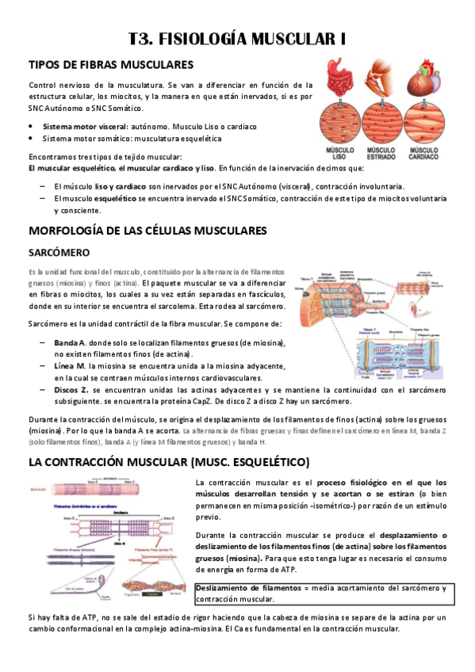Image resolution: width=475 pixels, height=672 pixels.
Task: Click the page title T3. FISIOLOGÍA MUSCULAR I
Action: pyautogui.click(x=237, y=39)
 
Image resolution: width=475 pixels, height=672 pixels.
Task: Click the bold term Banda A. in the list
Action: pyautogui.click(x=71, y=342)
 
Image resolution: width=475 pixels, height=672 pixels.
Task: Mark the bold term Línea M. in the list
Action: pyautogui.click(x=71, y=366)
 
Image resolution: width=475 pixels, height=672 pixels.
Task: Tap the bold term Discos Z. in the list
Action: pyautogui.click(x=73, y=390)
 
